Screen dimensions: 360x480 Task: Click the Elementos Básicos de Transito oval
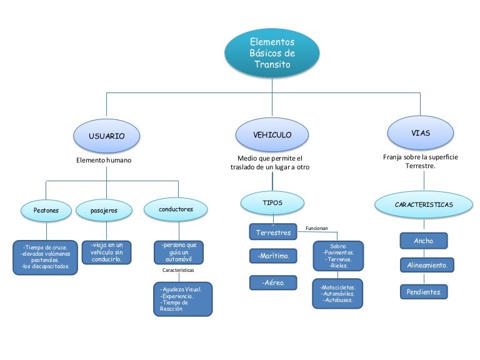[272, 53]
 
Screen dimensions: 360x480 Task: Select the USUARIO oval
[106, 136]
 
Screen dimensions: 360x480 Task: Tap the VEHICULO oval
[272, 134]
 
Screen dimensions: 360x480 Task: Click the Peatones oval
[46, 211]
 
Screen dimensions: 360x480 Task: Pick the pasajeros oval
[104, 211]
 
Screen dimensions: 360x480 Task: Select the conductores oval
[176, 209]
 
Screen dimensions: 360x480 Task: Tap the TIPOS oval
[272, 202]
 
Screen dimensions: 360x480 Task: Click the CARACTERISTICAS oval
[423, 204]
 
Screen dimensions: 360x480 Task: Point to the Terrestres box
[273, 232]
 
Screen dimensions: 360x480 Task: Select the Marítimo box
[273, 256]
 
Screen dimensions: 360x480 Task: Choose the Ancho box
[424, 240]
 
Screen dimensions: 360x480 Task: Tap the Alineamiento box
[426, 265]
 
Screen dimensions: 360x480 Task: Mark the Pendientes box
[424, 291]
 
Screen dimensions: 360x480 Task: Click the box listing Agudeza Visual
[182, 299]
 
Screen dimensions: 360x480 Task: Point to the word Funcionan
[316, 228]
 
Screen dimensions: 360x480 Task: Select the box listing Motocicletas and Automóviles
[337, 293]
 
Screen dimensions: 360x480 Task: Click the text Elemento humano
[104, 160]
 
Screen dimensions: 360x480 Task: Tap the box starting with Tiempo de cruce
[46, 256]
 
